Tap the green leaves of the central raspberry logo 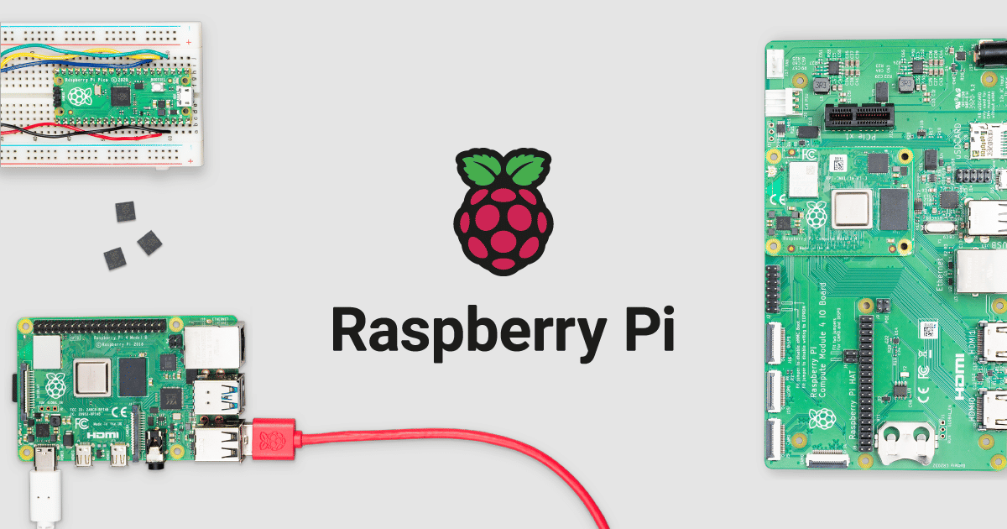[x=503, y=170]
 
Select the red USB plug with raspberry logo [x=274, y=439]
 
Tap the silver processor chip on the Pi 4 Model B [x=93, y=377]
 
